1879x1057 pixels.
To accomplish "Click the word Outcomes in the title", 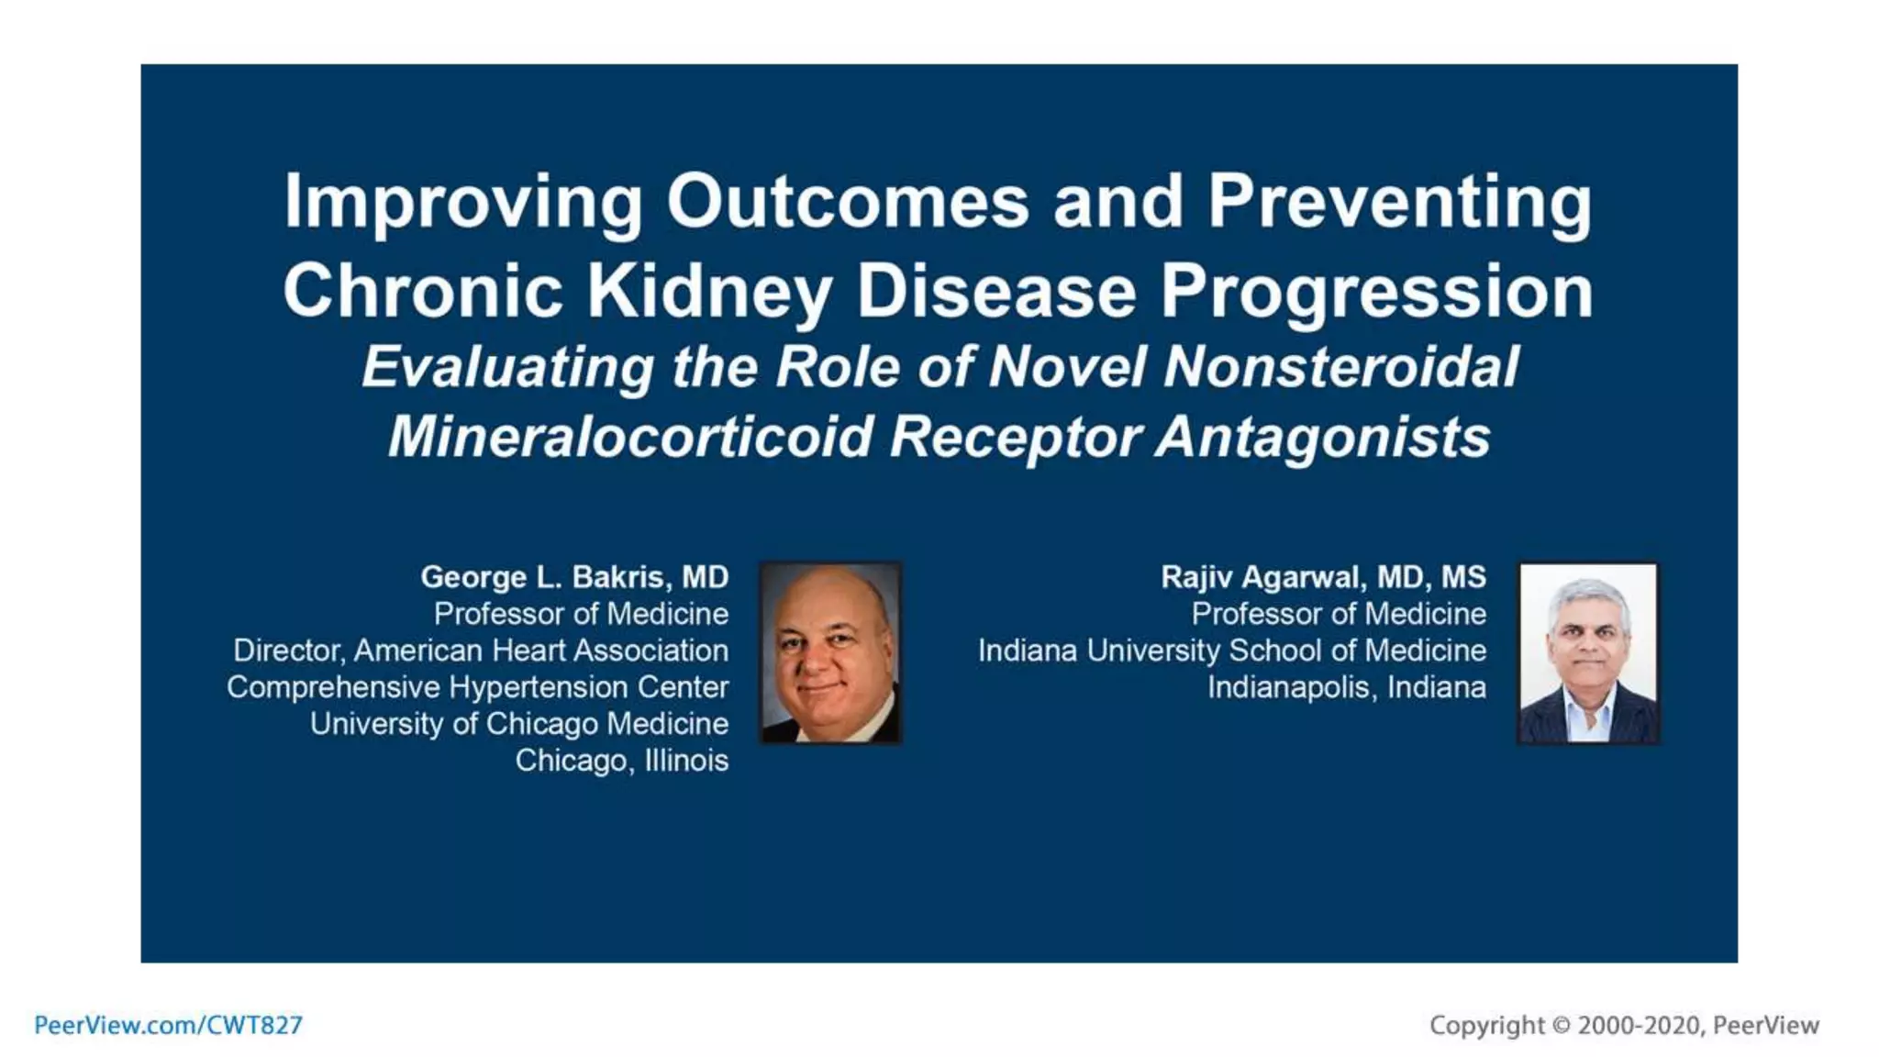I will click(x=847, y=201).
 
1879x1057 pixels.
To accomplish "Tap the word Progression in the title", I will click(x=1376, y=291).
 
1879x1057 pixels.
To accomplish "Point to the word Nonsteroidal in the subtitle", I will click(x=1340, y=366).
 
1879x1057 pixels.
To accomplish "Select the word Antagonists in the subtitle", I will click(x=1322, y=436).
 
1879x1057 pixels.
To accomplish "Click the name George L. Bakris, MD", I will click(x=574, y=577).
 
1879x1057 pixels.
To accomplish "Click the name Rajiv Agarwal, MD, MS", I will click(x=1323, y=577).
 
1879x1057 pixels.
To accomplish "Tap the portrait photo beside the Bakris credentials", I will click(x=831, y=652).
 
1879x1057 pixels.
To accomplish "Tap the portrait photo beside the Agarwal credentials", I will click(x=1588, y=652).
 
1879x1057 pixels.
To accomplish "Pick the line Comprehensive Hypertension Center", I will click(x=477, y=687).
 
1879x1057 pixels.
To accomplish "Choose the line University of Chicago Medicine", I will click(x=518, y=724).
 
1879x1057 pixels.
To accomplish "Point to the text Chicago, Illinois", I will click(x=621, y=761).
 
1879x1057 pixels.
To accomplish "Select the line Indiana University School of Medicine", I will click(x=1231, y=651).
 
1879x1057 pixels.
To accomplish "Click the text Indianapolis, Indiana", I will click(x=1346, y=687).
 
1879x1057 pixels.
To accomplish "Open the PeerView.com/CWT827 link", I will click(x=168, y=1025).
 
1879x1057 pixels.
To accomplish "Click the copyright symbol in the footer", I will click(x=1561, y=1025).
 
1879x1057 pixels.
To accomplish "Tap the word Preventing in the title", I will click(x=1399, y=201).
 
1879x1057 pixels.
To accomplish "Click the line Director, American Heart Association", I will click(x=480, y=651).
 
